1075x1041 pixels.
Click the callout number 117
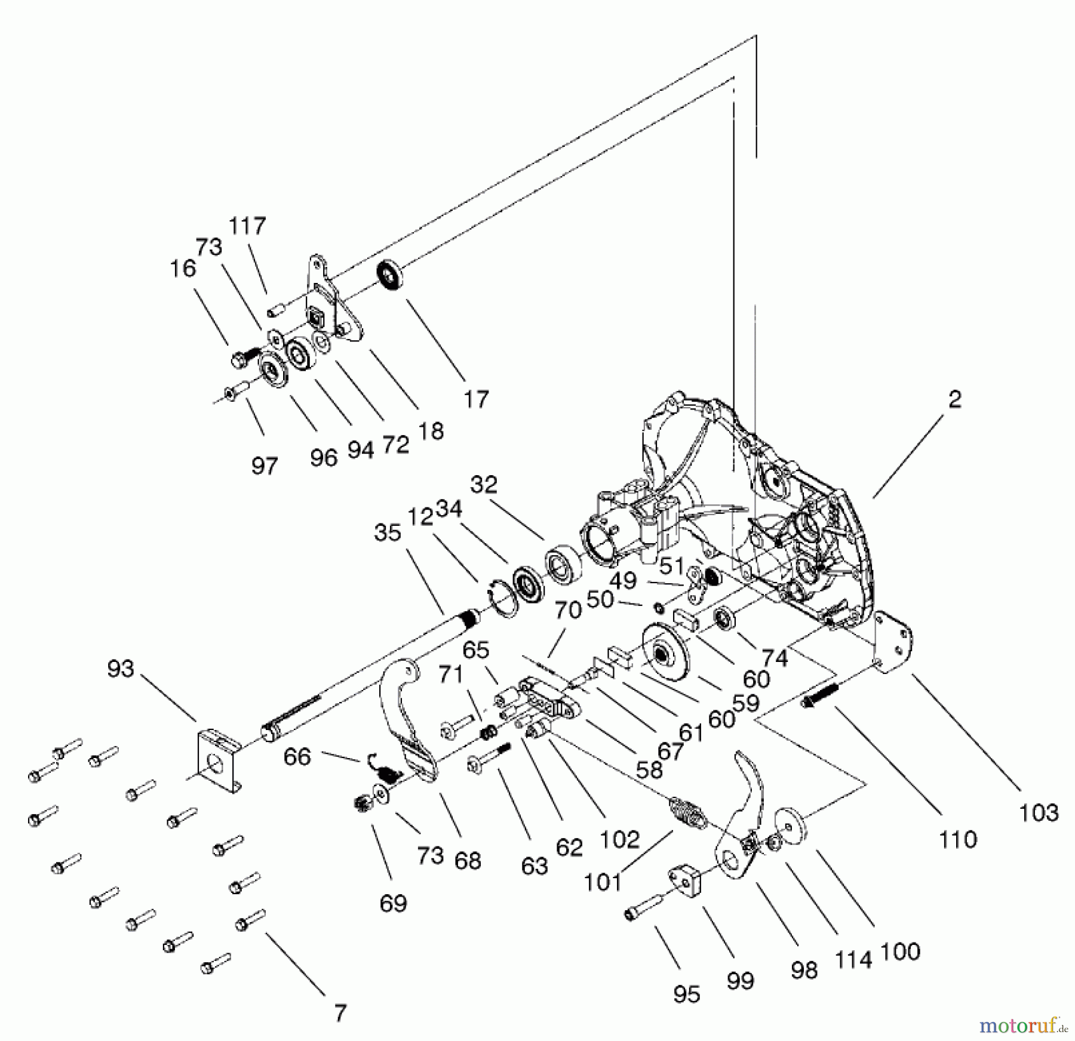(x=247, y=226)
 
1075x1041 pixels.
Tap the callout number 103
(x=1039, y=812)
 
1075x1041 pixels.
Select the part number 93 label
(x=120, y=669)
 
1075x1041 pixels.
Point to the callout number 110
(x=957, y=839)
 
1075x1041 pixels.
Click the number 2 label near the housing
(x=954, y=399)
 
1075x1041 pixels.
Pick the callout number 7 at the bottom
(x=340, y=1013)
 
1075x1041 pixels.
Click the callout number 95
(x=686, y=994)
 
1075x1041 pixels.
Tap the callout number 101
(x=603, y=882)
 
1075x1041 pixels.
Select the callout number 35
(x=387, y=532)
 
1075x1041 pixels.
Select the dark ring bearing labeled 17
(x=389, y=276)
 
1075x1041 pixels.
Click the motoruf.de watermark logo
(x=1023, y=1026)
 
